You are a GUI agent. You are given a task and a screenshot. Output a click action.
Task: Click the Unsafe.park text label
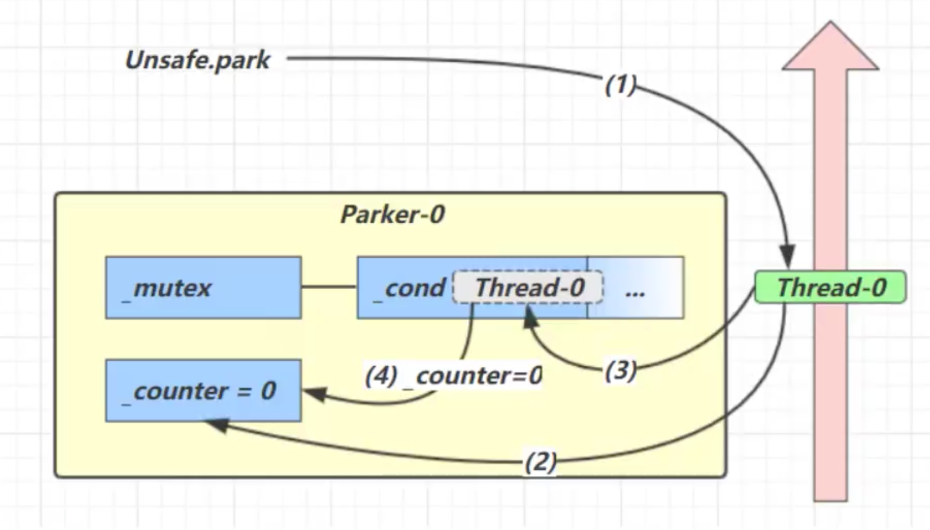point(197,60)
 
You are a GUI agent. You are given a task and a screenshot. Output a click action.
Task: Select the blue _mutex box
point(203,288)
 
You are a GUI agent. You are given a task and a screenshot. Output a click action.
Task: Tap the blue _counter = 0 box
point(203,390)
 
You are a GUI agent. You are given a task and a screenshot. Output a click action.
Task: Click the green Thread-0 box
point(830,287)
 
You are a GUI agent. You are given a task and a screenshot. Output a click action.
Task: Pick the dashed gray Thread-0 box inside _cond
point(528,287)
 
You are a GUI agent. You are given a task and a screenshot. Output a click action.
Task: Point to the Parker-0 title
point(392,214)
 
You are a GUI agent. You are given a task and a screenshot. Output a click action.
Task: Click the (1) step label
point(620,84)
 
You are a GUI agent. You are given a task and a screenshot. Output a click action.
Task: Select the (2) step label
point(540,461)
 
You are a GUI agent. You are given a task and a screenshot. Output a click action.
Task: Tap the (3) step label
point(620,370)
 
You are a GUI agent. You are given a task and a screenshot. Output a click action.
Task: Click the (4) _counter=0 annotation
point(453,376)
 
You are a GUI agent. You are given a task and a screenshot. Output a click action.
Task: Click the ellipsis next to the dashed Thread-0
point(635,290)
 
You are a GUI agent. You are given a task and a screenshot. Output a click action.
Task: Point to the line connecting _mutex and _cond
point(329,287)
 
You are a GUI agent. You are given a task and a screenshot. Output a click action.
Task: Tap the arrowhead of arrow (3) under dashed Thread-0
point(530,317)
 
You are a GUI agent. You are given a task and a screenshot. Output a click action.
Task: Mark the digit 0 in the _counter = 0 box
point(268,390)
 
